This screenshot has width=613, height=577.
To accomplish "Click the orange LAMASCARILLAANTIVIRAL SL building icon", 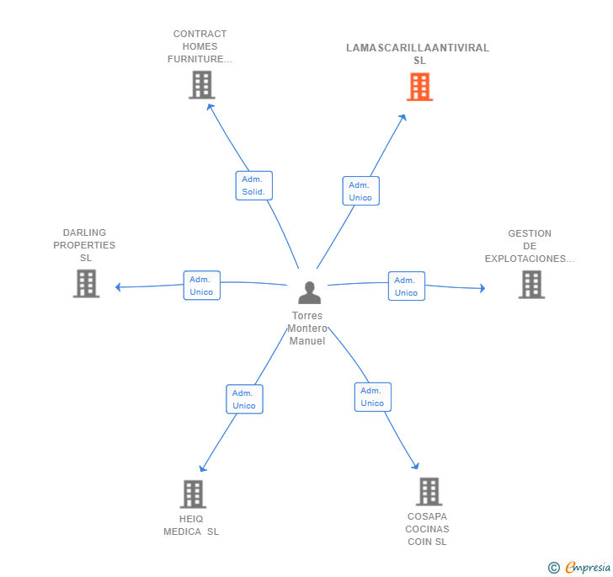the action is [x=419, y=87].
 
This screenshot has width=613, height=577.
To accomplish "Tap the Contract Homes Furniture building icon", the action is [x=202, y=85].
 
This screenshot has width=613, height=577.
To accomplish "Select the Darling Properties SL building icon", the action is [x=86, y=284].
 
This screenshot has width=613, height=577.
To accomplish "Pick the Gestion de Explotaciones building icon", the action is [x=531, y=285].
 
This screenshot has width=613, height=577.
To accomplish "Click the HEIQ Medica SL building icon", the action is [x=193, y=494].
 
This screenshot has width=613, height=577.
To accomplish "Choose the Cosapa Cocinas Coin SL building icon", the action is [x=429, y=492].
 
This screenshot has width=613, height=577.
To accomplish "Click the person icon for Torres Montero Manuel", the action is [x=309, y=292].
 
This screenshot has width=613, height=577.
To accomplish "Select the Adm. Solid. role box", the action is [x=253, y=185].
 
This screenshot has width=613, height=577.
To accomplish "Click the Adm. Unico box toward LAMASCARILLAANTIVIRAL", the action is [x=361, y=191].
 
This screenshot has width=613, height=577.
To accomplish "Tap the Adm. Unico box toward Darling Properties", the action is [x=202, y=286].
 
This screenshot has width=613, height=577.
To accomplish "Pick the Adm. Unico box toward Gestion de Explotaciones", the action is [x=407, y=286].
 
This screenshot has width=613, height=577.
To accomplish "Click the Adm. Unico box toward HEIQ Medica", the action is [x=244, y=399].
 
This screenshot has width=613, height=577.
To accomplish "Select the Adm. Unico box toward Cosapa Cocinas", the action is [x=372, y=397].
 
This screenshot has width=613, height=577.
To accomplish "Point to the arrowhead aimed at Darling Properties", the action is [x=118, y=287].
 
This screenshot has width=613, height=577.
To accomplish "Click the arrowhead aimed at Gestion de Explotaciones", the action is [x=482, y=288].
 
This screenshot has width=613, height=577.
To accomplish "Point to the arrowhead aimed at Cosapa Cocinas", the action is [x=416, y=466].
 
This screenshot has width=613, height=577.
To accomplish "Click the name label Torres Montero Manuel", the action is [x=307, y=329].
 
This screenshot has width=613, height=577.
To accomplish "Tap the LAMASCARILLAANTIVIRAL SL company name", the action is [x=418, y=54].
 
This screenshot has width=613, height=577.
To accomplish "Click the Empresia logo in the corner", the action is [x=580, y=567].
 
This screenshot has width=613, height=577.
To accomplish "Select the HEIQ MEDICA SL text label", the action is [x=191, y=526].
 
